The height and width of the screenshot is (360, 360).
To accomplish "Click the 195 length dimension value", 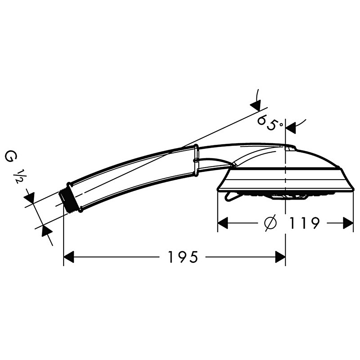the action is [183, 257].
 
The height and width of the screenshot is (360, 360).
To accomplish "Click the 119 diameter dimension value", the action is [304, 223].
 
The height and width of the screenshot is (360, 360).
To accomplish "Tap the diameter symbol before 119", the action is [270, 223].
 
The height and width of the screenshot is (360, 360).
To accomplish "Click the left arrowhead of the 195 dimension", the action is [69, 257].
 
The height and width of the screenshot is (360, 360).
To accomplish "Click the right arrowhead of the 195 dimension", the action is [280, 257].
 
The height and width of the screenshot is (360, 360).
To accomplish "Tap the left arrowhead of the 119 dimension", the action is [222, 223].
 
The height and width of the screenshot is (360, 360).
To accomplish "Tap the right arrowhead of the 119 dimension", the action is [348, 223].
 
